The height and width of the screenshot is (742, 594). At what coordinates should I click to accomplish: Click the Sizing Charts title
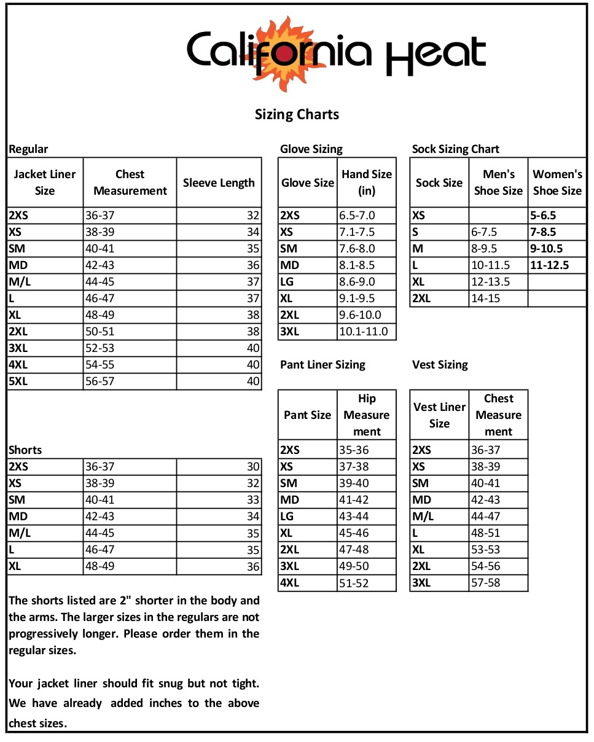tap(297, 114)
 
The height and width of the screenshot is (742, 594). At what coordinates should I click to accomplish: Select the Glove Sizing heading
tap(311, 149)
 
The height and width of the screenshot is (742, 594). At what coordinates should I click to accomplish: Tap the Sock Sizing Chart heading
tap(455, 149)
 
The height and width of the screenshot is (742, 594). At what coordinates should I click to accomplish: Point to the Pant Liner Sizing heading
tap(322, 365)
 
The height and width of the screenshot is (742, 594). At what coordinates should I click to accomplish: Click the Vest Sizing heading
tap(440, 365)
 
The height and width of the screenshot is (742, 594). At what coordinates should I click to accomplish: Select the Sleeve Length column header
tap(219, 182)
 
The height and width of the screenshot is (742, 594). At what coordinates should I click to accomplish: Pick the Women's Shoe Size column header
tap(557, 182)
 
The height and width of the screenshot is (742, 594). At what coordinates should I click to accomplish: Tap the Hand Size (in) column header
tap(367, 182)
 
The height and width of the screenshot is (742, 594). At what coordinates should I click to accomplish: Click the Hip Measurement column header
tap(367, 415)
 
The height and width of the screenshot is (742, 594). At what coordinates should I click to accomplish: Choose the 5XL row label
tap(18, 381)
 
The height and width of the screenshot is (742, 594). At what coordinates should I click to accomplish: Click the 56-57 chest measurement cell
tap(100, 381)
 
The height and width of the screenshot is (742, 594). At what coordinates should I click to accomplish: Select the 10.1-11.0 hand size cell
tap(364, 332)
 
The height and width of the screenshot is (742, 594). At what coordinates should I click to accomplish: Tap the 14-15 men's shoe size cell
tap(485, 299)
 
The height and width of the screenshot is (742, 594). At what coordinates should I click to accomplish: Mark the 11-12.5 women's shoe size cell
tap(549, 265)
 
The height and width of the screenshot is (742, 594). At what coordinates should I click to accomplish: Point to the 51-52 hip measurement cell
tap(354, 583)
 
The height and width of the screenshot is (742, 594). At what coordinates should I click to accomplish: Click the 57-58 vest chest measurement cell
tap(485, 583)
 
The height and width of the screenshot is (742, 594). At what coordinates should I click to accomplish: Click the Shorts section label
tap(25, 450)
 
